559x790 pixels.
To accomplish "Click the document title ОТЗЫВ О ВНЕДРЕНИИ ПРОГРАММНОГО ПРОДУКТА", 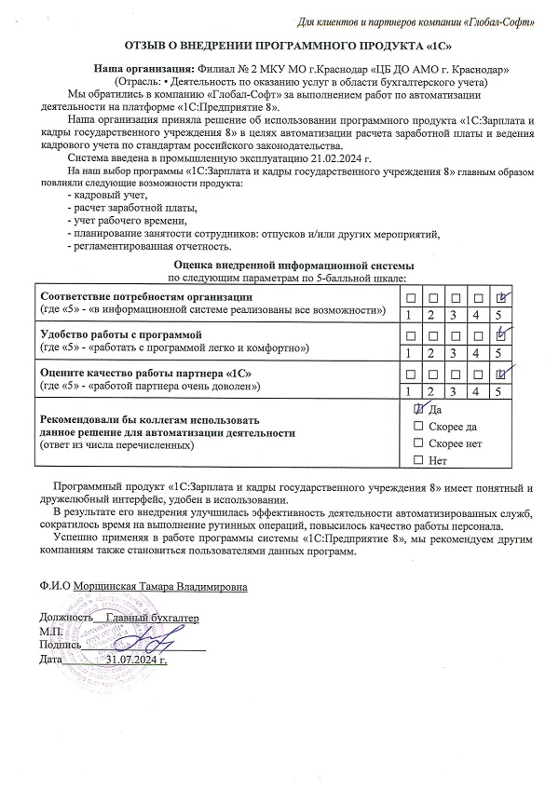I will click(x=280, y=45).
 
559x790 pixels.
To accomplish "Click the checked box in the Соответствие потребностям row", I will click(x=501, y=297).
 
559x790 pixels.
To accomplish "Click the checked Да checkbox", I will click(x=418, y=409).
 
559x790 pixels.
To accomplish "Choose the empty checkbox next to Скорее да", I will click(x=418, y=426).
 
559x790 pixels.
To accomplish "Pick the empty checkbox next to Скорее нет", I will click(x=418, y=443).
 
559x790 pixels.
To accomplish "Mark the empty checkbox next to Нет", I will click(x=418, y=460).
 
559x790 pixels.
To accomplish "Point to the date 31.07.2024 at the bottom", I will click(x=136, y=660).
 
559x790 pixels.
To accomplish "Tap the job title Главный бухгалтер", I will click(x=153, y=619).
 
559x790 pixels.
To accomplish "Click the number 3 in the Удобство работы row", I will click(x=456, y=353).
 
